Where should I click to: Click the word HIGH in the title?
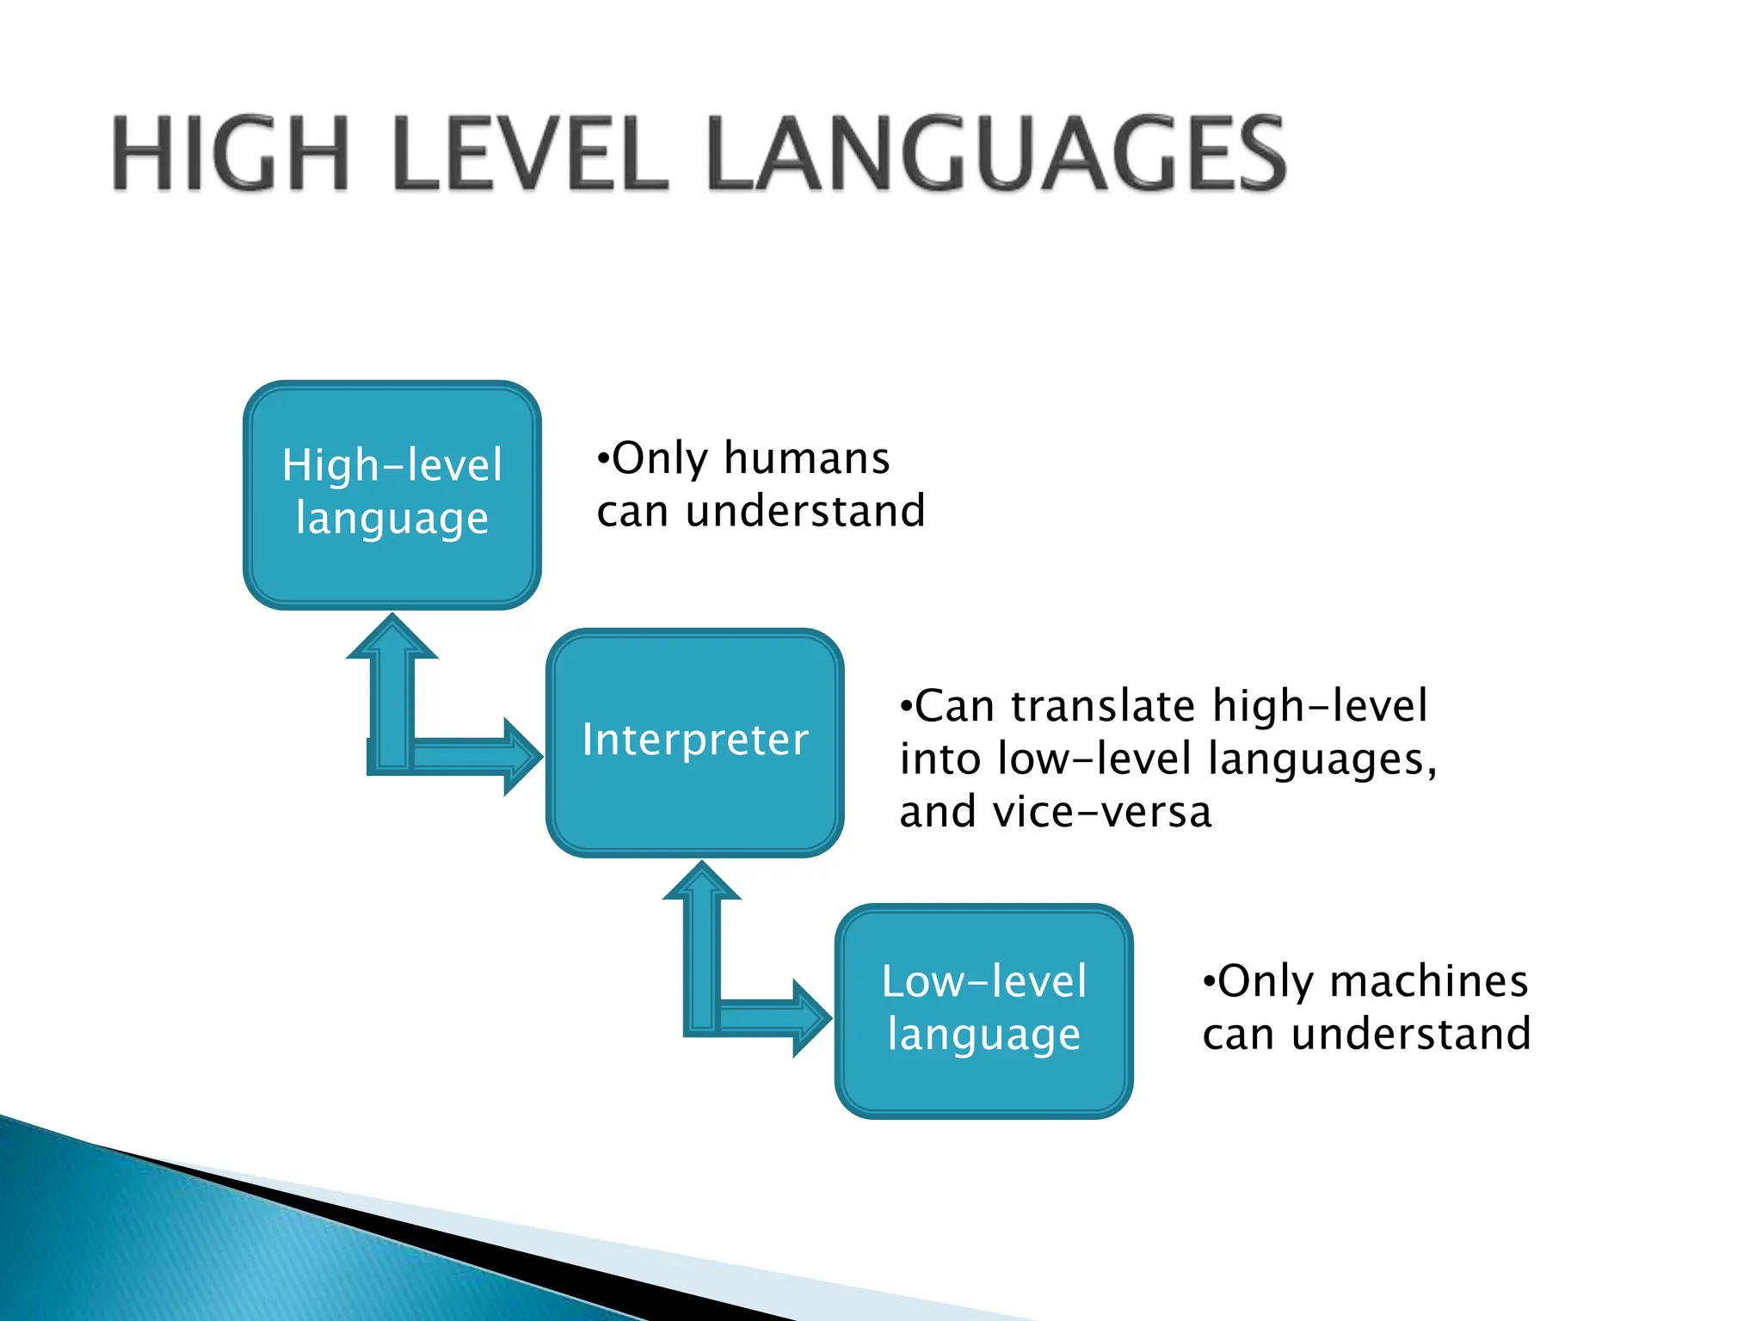(231, 155)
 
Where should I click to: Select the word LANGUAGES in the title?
(996, 155)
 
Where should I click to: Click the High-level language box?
(392, 495)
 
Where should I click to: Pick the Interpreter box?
(695, 741)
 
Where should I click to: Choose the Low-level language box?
(984, 1010)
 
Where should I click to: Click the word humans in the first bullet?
(807, 458)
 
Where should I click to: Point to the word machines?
(1429, 981)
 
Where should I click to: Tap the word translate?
(1103, 706)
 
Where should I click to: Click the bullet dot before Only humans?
(603, 458)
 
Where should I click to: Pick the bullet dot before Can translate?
(905, 706)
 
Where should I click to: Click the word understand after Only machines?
(1411, 1034)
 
